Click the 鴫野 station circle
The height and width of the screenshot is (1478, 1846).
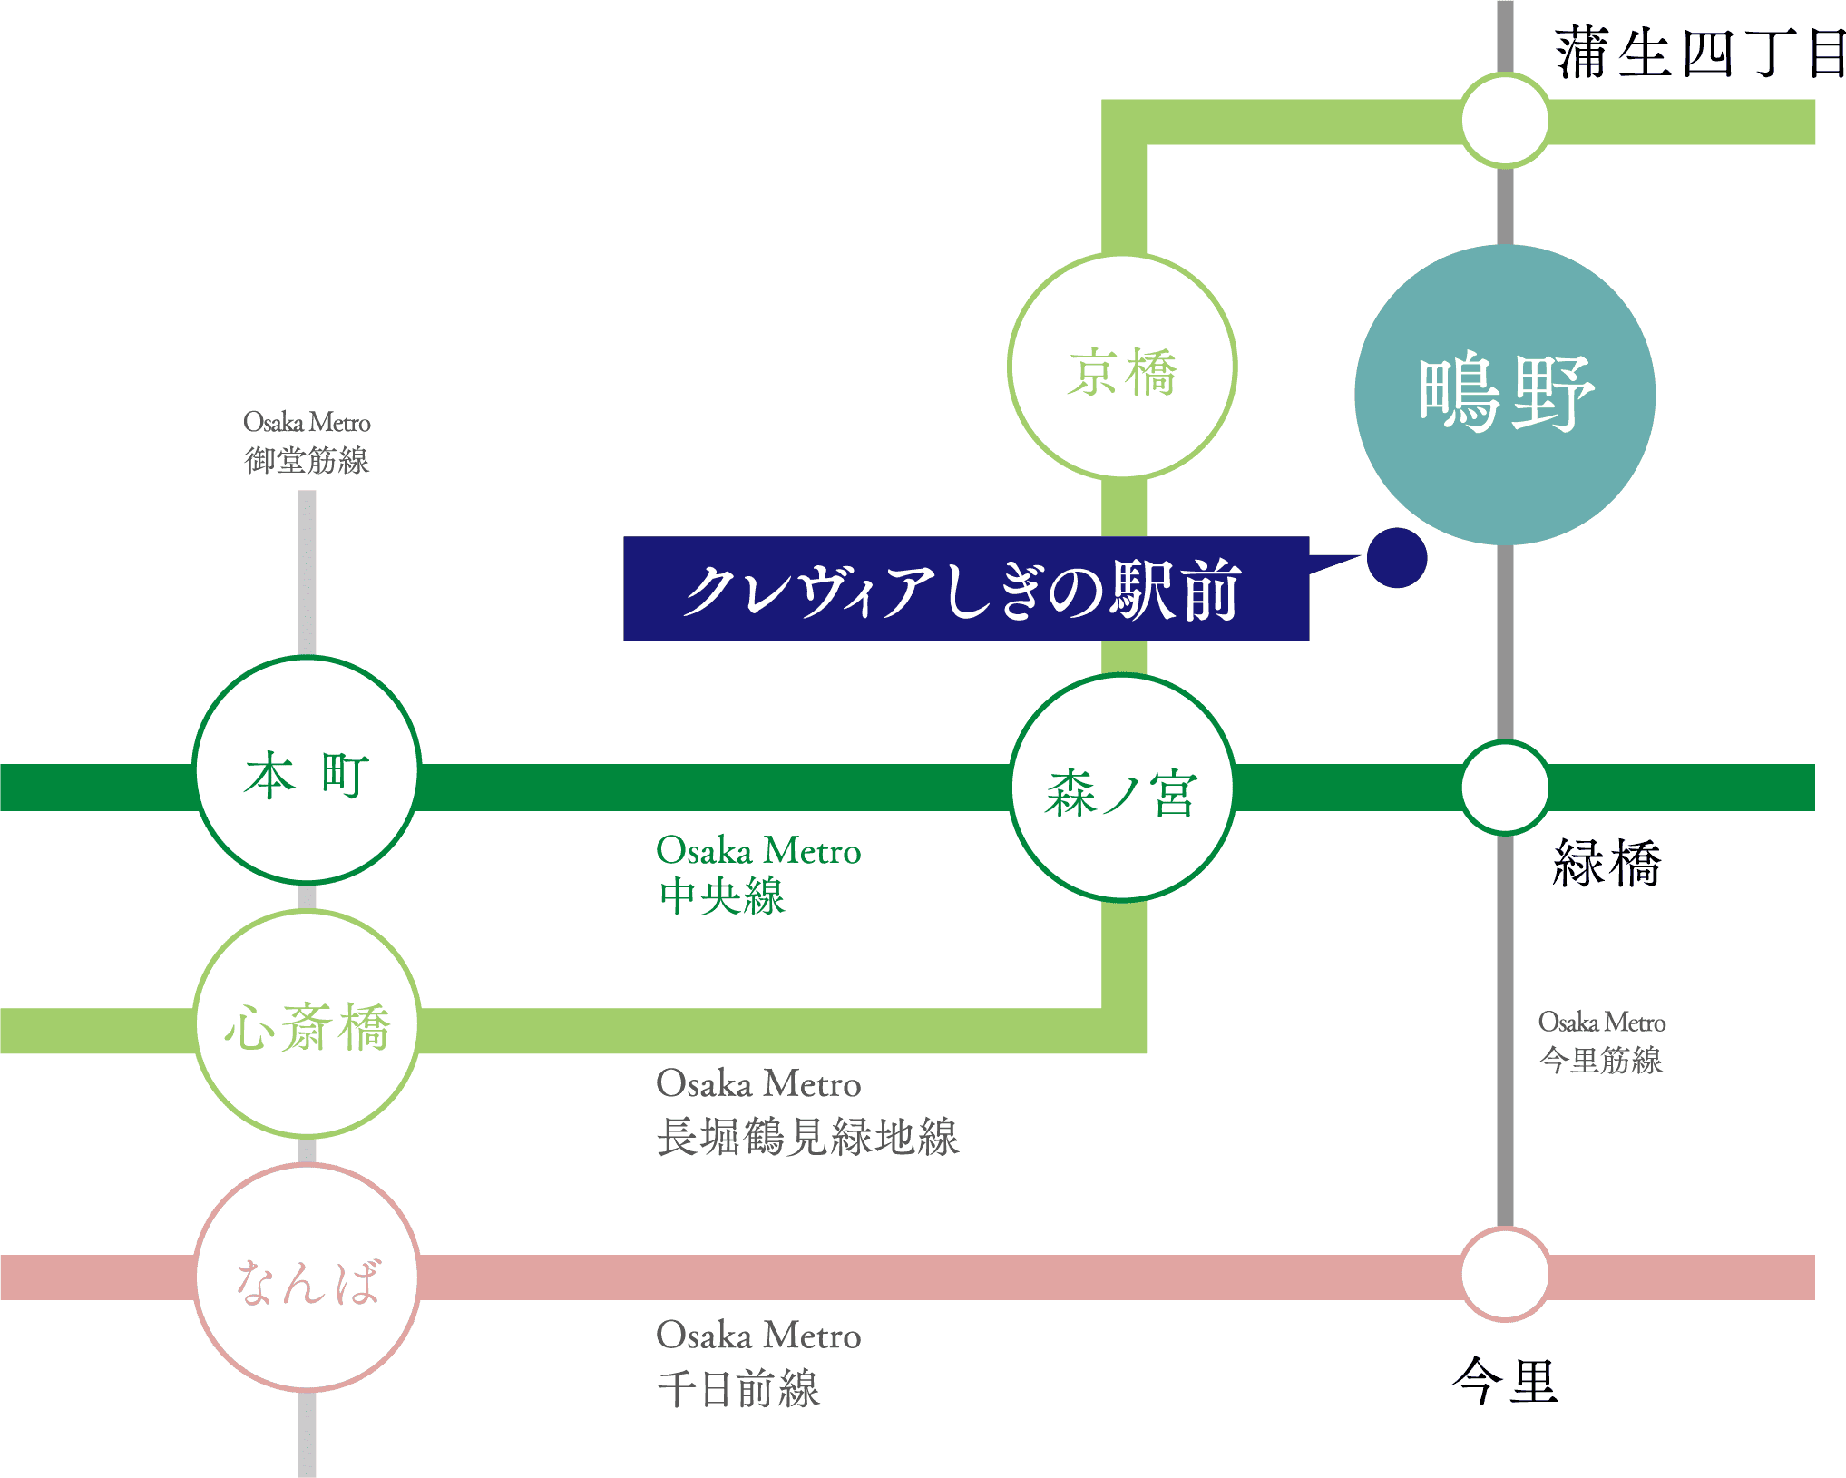1505,395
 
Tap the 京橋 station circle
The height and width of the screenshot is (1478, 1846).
1122,366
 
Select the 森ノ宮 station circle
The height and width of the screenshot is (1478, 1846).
1122,788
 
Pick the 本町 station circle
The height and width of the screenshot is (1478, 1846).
308,770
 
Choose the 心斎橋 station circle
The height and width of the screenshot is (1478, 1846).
308,1024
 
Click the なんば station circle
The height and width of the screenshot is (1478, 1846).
308,1277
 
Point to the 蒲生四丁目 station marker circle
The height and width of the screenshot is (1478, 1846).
1505,121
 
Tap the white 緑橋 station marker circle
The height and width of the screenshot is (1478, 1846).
1505,788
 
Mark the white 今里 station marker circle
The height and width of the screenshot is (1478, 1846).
1505,1274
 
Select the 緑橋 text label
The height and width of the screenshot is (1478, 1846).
1607,863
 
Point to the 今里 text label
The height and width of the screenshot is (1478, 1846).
1505,1380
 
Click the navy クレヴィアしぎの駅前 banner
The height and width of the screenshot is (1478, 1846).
965,590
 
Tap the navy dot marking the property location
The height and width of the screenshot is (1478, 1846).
1397,558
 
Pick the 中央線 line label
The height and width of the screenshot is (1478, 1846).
722,896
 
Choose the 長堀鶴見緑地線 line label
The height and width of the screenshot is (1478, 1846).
807,1137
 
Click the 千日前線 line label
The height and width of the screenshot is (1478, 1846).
738,1389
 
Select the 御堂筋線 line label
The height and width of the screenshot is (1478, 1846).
307,461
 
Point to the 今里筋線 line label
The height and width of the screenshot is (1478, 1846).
1601,1060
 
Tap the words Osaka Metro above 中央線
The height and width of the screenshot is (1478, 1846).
758,851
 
